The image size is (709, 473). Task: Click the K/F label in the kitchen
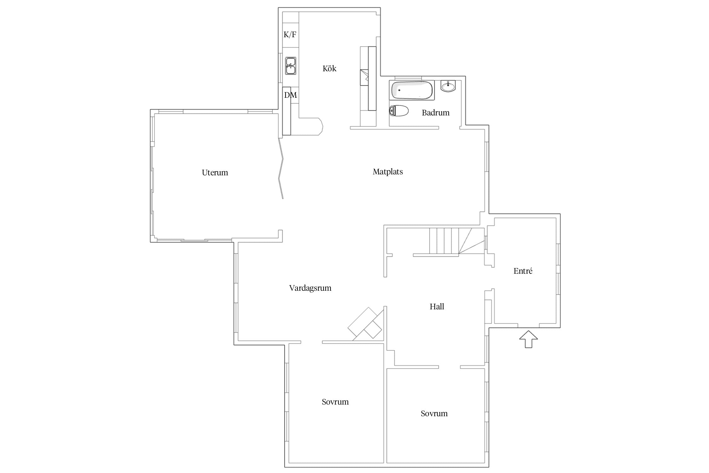[x=290, y=34]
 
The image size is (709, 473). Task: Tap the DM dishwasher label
[x=291, y=95]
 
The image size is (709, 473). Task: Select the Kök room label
[x=329, y=68]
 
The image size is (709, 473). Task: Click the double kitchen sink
[x=291, y=66]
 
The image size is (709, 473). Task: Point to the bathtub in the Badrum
[x=412, y=90]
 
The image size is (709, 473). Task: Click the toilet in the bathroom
[x=399, y=111]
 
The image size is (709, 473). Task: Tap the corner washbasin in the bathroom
[x=448, y=86]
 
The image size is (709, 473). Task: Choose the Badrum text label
[x=435, y=113]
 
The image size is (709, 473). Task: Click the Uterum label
[x=215, y=172]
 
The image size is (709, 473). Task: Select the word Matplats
[x=388, y=172]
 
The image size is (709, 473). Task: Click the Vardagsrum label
[x=310, y=288]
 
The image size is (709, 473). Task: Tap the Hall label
[x=437, y=307]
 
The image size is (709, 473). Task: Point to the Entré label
[x=523, y=271]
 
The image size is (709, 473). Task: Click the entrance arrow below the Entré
[x=528, y=339]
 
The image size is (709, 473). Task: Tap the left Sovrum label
[x=335, y=402]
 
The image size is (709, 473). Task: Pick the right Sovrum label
[x=434, y=413]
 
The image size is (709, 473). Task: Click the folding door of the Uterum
[x=281, y=168]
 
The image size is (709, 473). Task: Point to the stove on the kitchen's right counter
[x=364, y=77]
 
